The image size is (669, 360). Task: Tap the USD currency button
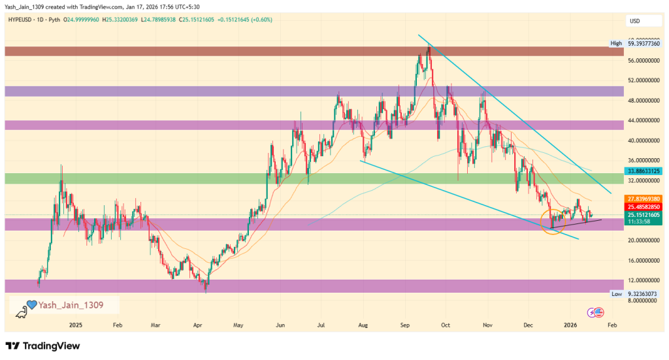click(634, 21)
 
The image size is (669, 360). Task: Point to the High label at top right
click(615, 44)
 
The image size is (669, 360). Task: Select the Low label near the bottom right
click(616, 295)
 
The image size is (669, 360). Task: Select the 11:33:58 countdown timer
click(640, 222)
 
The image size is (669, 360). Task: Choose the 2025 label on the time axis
click(75, 325)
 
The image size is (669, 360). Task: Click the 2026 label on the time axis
click(570, 325)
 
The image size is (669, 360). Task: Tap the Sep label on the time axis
click(404, 325)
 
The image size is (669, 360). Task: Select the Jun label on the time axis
click(280, 325)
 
